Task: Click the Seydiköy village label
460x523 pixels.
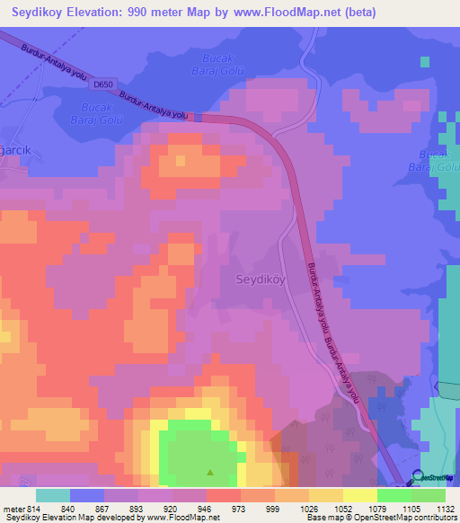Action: pyautogui.click(x=260, y=279)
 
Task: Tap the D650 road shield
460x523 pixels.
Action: pyautogui.click(x=103, y=84)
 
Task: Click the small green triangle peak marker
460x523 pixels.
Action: pyautogui.click(x=211, y=471)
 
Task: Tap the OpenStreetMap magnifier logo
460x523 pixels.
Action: pyautogui.click(x=417, y=477)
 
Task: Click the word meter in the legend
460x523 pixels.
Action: pyautogui.click(x=11, y=507)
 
